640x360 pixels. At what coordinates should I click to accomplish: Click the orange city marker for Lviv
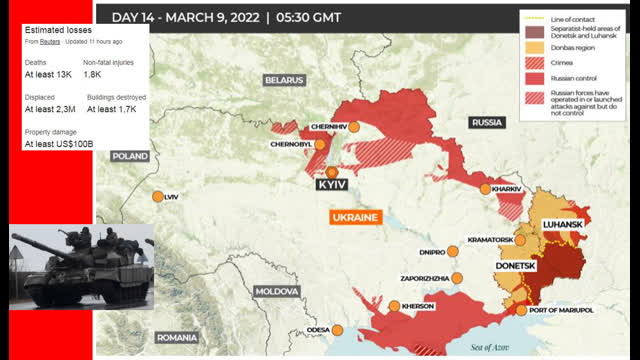tap(157, 197)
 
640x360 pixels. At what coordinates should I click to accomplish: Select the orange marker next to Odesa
tap(338, 330)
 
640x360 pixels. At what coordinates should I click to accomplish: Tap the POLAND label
tap(130, 157)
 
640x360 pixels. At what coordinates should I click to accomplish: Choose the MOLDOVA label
tap(277, 290)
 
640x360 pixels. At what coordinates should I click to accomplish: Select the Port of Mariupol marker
tap(521, 309)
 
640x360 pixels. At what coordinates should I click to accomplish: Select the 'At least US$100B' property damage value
tap(59, 144)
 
